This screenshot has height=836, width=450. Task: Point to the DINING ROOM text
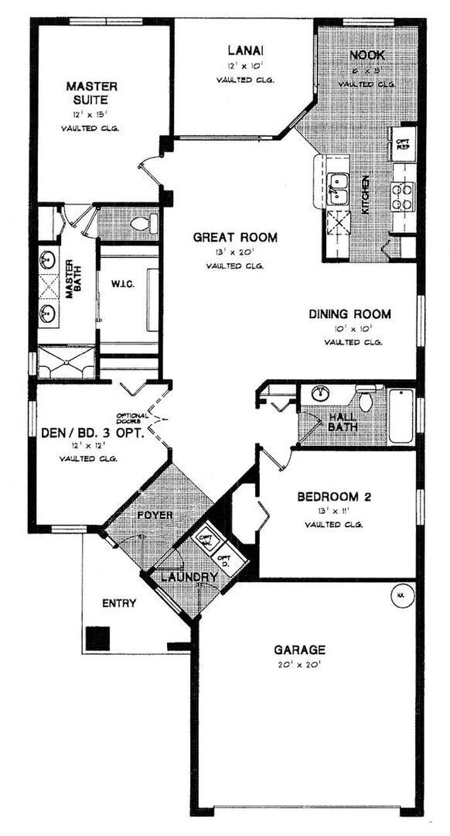(x=349, y=314)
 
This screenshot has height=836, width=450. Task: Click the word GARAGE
(x=299, y=649)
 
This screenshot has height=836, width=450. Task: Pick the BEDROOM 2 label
(x=334, y=496)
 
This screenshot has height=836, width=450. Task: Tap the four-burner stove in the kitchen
(x=404, y=195)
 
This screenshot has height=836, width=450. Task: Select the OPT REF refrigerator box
(x=403, y=145)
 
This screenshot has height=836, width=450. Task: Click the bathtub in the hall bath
(x=402, y=416)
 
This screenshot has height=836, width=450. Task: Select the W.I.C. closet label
(x=124, y=283)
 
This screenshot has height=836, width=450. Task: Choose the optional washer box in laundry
(x=206, y=539)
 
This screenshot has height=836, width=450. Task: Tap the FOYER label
(x=155, y=515)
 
